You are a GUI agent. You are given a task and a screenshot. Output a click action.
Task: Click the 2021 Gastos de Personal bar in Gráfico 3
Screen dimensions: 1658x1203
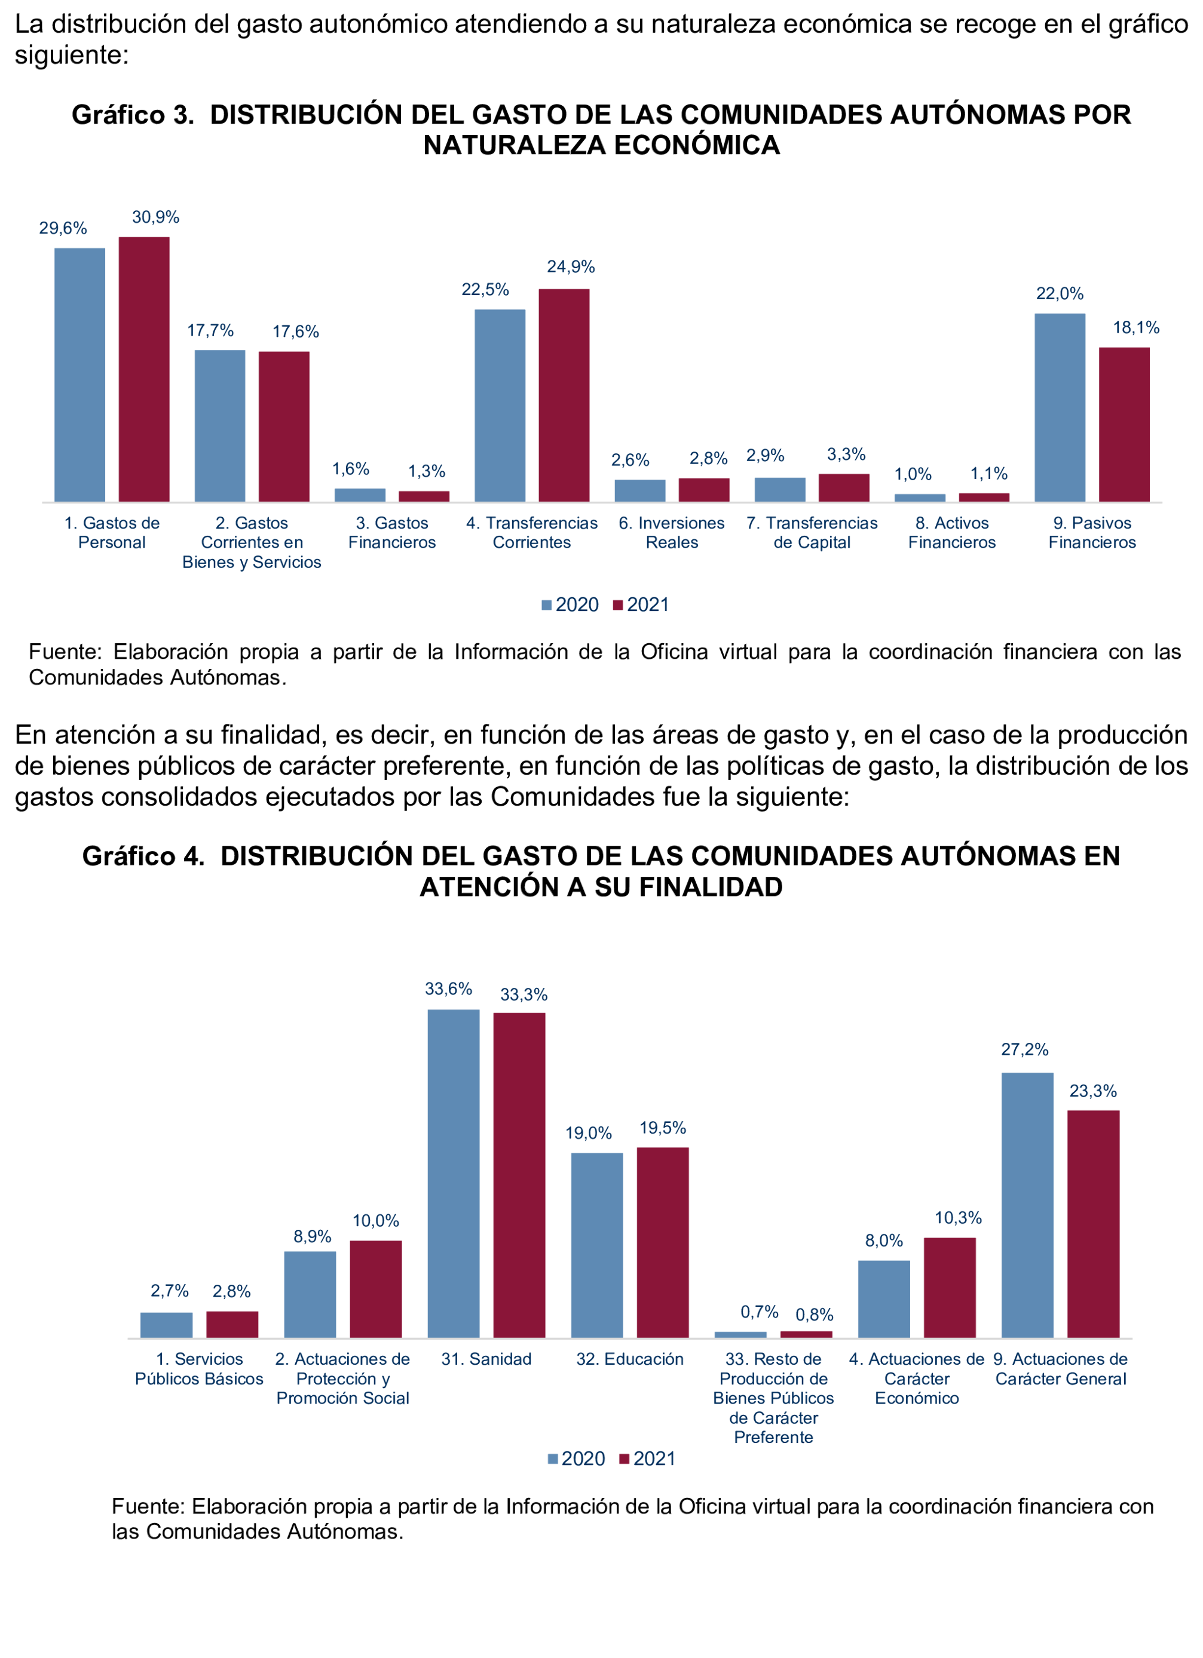pyautogui.click(x=144, y=369)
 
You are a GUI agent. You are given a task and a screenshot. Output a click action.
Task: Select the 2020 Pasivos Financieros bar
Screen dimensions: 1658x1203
pyautogui.click(x=1060, y=407)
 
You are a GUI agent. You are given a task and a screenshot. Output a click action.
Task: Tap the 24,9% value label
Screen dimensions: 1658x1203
pyautogui.click(x=570, y=267)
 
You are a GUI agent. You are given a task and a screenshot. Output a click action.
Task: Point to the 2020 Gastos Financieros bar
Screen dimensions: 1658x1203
pyautogui.click(x=360, y=495)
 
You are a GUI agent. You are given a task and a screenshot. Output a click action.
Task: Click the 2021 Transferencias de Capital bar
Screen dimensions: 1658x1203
pyautogui.click(x=844, y=487)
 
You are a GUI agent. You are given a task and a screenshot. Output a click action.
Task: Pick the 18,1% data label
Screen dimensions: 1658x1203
pyautogui.click(x=1135, y=327)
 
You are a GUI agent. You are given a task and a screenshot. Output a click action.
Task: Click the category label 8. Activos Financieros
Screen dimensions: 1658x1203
pyautogui.click(x=951, y=532)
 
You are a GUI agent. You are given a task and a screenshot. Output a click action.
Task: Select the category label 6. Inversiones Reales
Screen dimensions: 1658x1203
pyautogui.click(x=671, y=532)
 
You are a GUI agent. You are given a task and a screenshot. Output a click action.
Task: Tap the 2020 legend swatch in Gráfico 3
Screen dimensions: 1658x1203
pyautogui.click(x=546, y=605)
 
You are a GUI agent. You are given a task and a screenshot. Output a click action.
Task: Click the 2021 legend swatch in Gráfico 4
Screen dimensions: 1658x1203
pyautogui.click(x=624, y=1459)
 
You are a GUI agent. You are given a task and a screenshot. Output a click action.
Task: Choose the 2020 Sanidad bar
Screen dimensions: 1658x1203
pyautogui.click(x=454, y=1173)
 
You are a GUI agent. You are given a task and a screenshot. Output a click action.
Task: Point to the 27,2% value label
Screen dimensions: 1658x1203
pyautogui.click(x=1024, y=1050)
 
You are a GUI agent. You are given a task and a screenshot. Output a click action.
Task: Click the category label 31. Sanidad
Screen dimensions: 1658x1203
pyautogui.click(x=486, y=1359)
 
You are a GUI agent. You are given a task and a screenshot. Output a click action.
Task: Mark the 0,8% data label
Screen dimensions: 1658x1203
pyautogui.click(x=814, y=1315)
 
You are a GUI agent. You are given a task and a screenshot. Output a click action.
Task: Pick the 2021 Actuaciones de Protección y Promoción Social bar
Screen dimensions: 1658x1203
pyautogui.click(x=376, y=1289)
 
